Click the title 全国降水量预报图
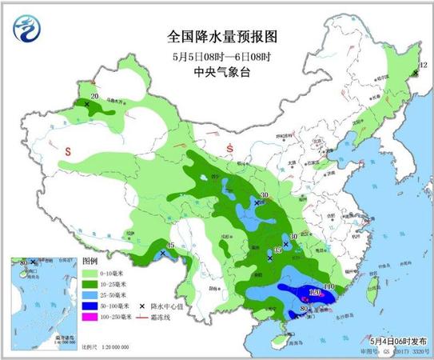click(x=217, y=37)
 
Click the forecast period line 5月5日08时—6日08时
click(x=217, y=56)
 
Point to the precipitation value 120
click(x=315, y=294)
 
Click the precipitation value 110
click(x=328, y=286)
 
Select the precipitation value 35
click(x=277, y=252)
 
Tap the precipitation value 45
click(x=169, y=245)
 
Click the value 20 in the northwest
click(x=94, y=97)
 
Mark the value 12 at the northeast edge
click(x=415, y=66)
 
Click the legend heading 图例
click(x=90, y=261)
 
